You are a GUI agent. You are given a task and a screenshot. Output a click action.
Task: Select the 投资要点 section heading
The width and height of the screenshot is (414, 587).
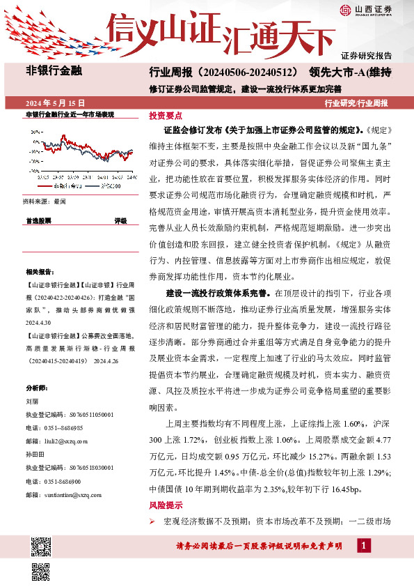(x=166, y=116)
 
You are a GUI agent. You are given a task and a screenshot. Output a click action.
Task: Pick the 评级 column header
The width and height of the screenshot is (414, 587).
(x=120, y=220)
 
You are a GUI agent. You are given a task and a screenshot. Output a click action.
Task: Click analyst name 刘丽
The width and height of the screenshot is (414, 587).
(x=31, y=402)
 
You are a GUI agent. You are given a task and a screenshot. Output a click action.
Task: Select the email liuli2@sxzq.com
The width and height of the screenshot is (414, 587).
(x=61, y=441)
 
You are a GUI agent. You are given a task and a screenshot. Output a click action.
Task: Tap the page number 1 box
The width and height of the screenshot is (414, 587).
(x=365, y=545)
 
